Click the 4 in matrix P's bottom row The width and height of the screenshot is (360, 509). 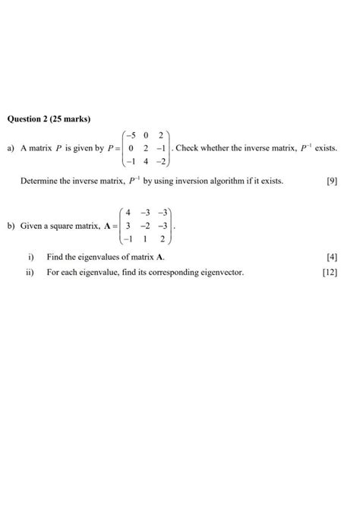coord(147,160)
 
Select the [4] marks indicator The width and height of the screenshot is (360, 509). coord(332,258)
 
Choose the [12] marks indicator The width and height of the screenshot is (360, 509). coord(330,271)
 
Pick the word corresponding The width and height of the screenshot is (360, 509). coord(167,271)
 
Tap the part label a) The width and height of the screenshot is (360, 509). coord(11,148)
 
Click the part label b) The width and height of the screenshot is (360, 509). coord(11,226)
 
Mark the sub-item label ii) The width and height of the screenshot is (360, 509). coord(30,271)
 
